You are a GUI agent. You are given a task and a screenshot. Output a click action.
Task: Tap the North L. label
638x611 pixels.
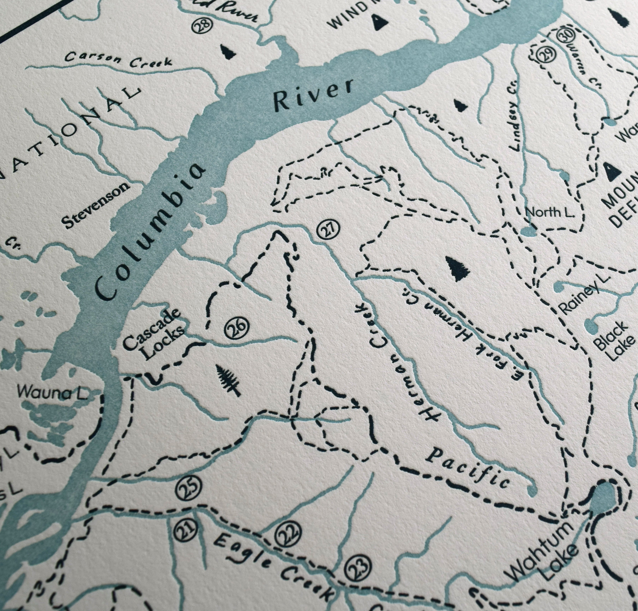(x=548, y=212)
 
